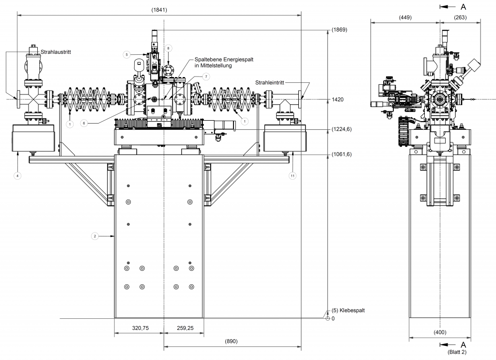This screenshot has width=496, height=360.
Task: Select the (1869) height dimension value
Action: [x=340, y=30]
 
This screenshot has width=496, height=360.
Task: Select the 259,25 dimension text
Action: [x=185, y=328]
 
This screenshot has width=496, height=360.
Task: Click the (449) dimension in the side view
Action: [x=405, y=17]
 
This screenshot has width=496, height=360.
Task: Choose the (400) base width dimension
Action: [x=439, y=332]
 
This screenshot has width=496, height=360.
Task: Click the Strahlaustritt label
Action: [x=55, y=52]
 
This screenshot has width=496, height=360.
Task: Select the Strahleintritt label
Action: [x=272, y=83]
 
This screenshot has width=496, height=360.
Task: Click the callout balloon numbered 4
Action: [x=17, y=176]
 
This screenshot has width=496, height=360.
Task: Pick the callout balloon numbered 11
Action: [x=293, y=176]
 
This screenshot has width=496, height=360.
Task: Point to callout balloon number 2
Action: [x=95, y=236]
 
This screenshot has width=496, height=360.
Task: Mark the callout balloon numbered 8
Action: [x=168, y=48]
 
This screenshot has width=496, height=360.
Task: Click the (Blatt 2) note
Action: [x=458, y=352]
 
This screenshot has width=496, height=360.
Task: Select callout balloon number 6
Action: [x=84, y=123]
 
